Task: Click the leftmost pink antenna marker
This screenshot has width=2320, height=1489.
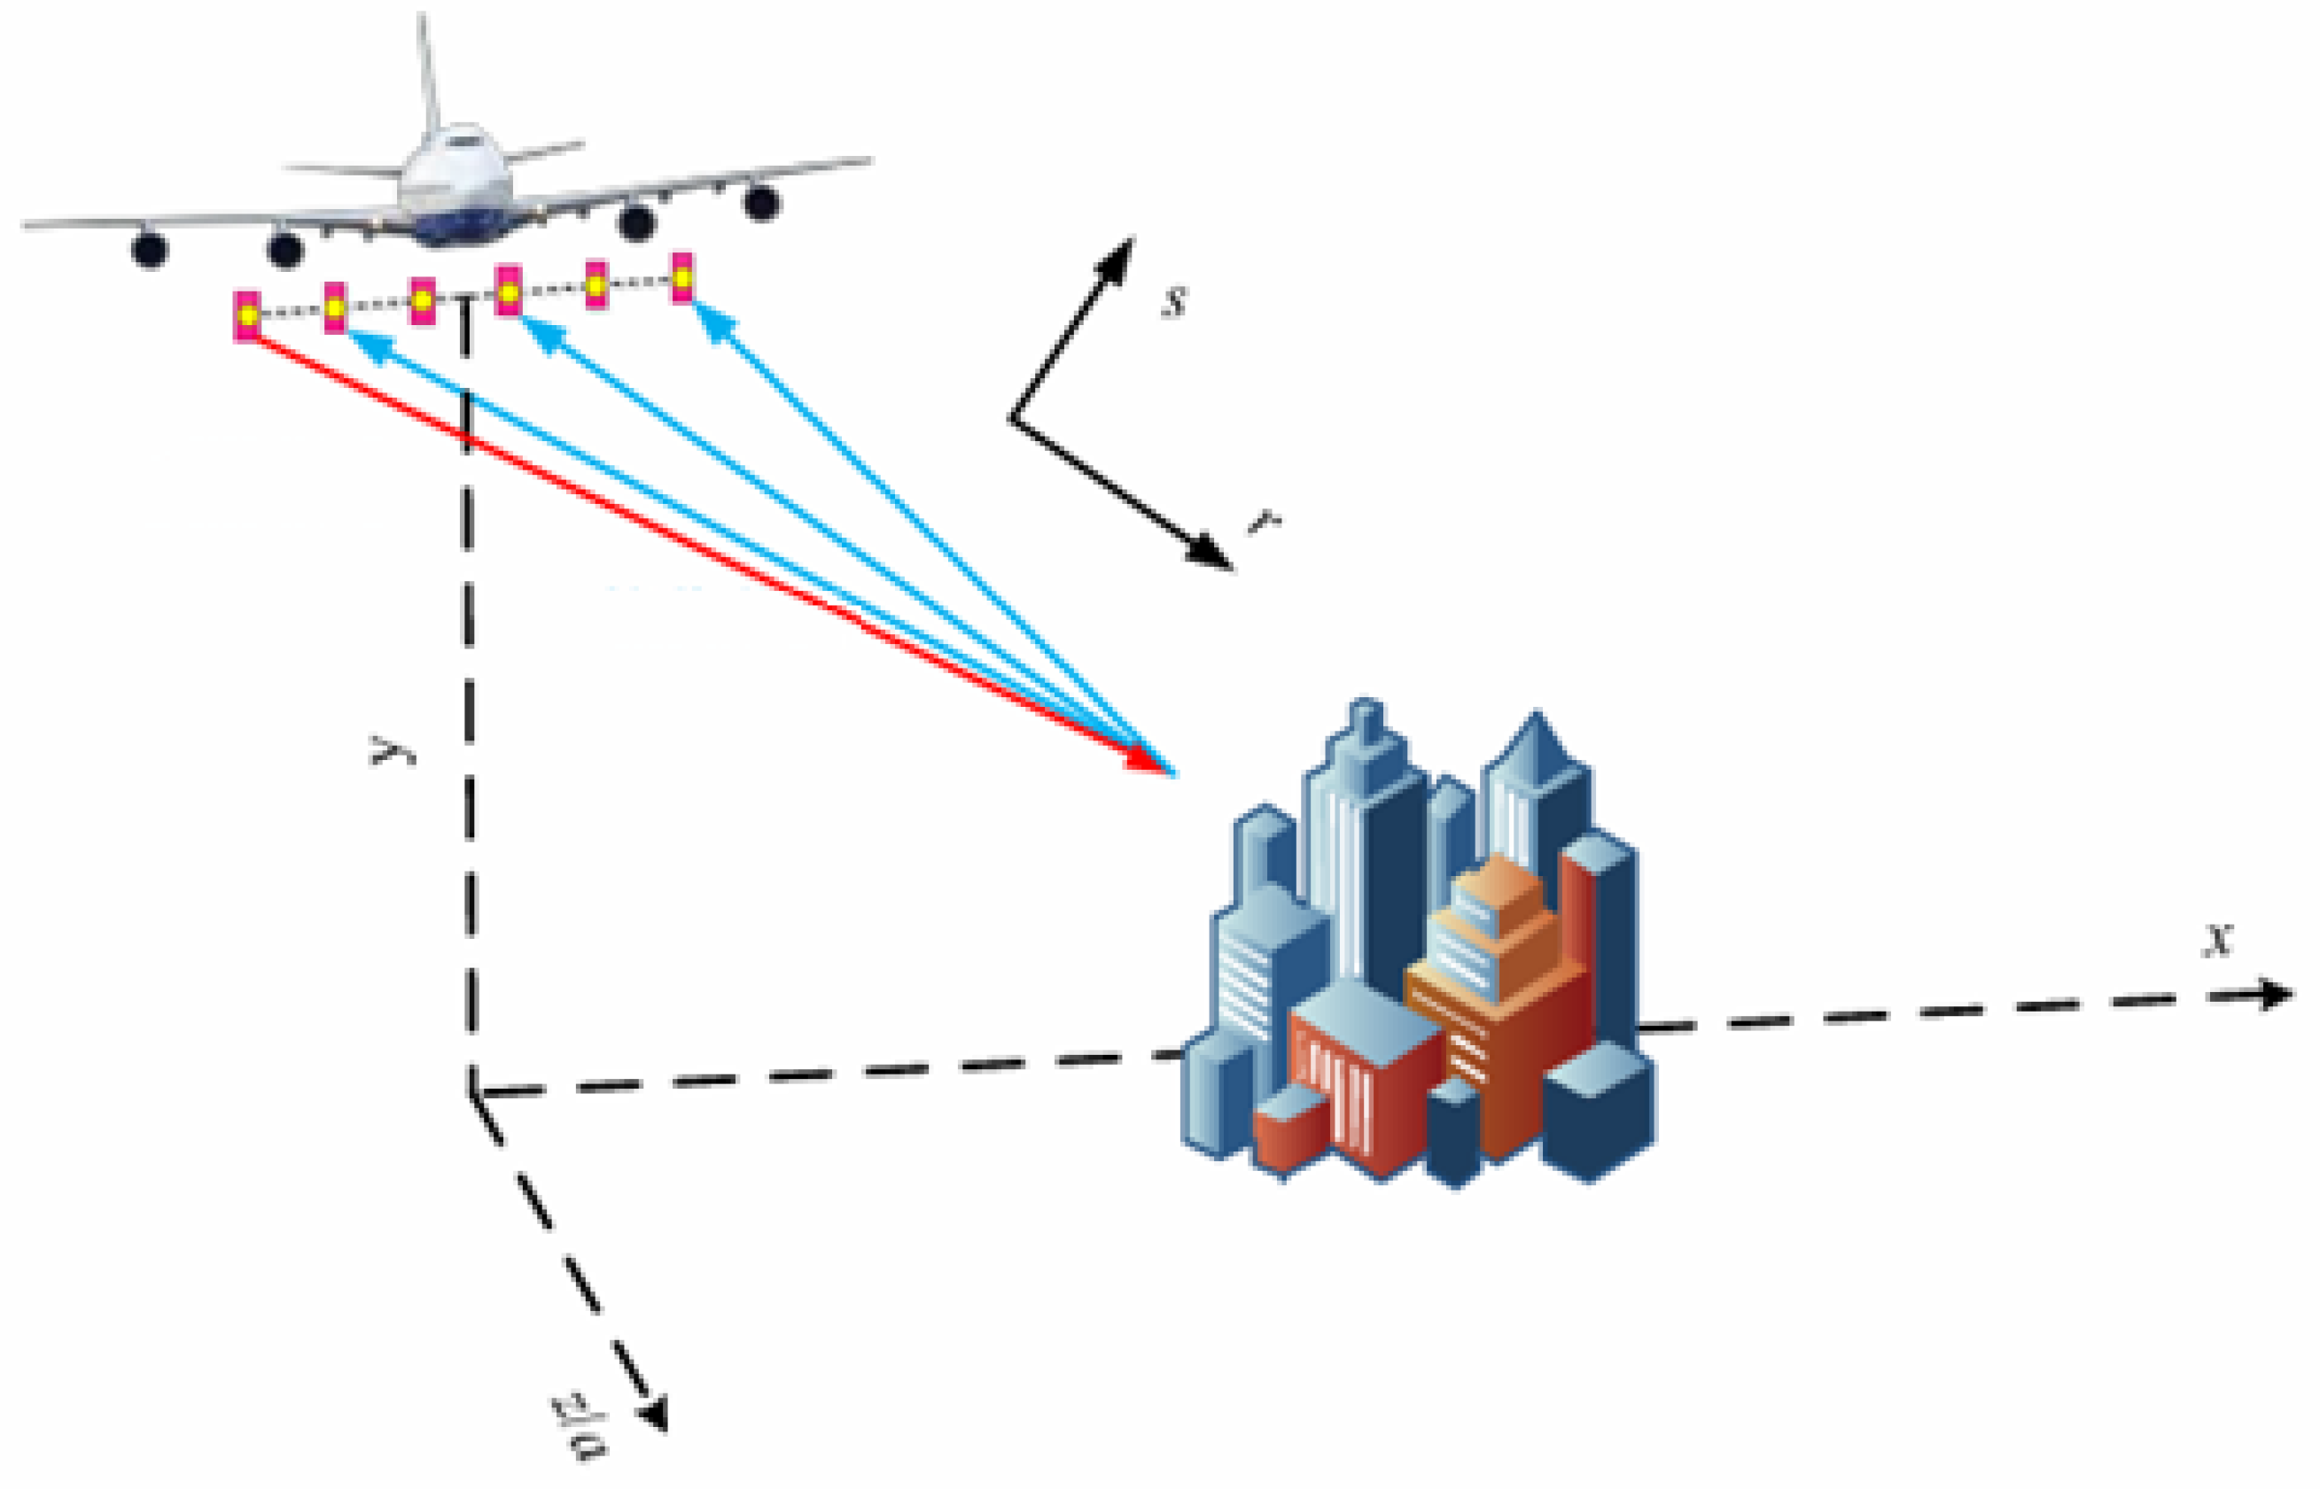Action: [246, 315]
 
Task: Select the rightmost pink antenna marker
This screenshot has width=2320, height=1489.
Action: [682, 277]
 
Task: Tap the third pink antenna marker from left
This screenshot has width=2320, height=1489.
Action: [423, 299]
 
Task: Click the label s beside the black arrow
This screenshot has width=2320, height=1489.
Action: [1174, 302]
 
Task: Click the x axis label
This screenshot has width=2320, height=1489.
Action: [2217, 939]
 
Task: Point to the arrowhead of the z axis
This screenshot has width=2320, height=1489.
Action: [656, 1415]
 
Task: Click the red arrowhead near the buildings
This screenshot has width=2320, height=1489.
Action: [1147, 761]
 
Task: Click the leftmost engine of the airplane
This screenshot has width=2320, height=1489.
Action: [150, 250]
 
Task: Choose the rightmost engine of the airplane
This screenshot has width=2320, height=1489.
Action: [762, 203]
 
